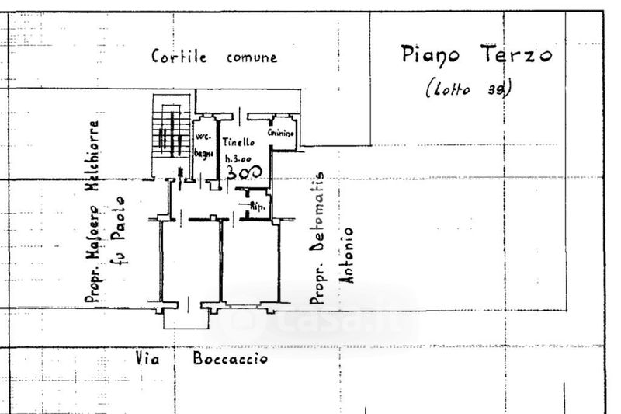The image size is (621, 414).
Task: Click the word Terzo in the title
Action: coord(517,54)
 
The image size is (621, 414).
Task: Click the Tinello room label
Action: coord(238,143)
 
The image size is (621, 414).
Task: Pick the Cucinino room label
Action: coord(279,134)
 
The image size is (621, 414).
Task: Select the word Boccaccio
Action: coord(231,359)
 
